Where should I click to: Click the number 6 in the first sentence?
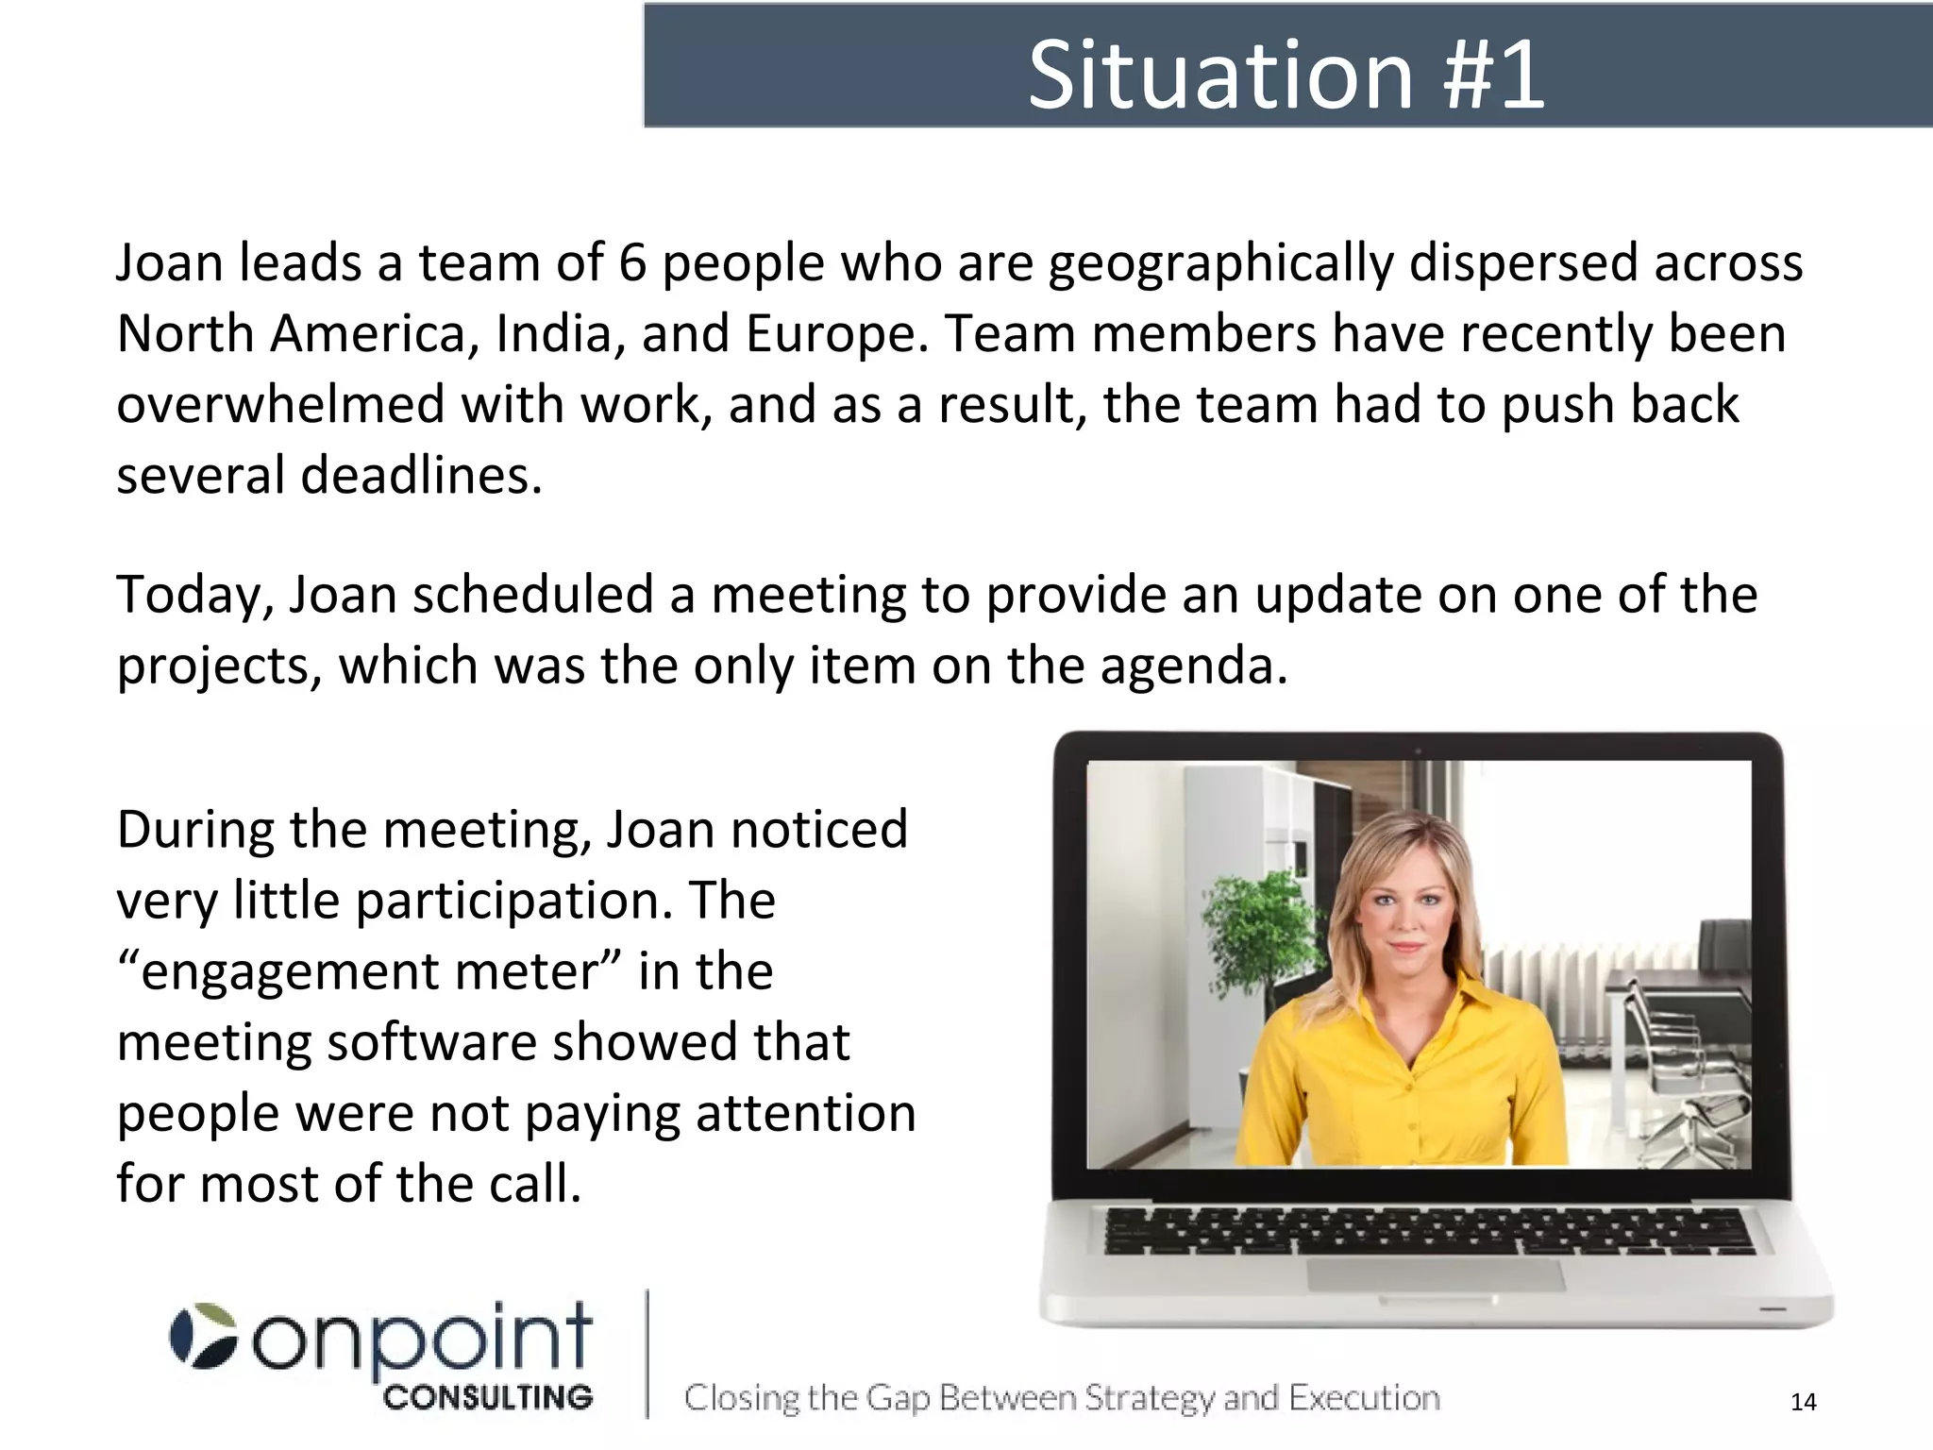(632, 262)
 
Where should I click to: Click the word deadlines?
(421, 475)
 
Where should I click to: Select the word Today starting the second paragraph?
(193, 596)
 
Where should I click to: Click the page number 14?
(1803, 1402)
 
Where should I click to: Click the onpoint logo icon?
(203, 1336)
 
